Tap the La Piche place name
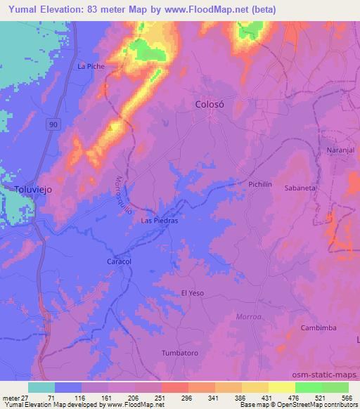click(91, 67)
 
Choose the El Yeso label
click(191, 292)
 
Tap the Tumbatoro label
click(179, 352)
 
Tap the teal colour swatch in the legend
click(41, 387)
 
